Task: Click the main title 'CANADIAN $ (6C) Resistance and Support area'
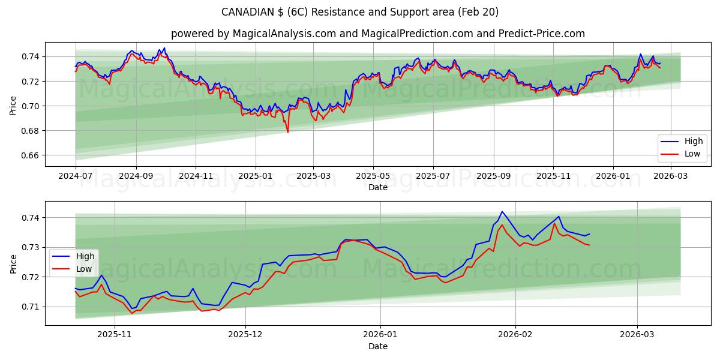pyautogui.click(x=360, y=12)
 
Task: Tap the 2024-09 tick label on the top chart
pyautogui.click(x=136, y=176)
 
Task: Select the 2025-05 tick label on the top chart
pyautogui.click(x=373, y=176)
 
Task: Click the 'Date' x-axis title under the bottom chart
pyautogui.click(x=378, y=346)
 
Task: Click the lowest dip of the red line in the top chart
pyautogui.click(x=287, y=132)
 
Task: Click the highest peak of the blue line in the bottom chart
pyautogui.click(x=502, y=212)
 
